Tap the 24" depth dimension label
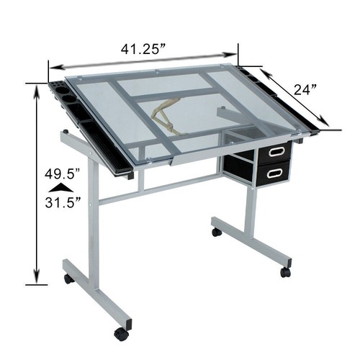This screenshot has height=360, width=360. click(x=305, y=90)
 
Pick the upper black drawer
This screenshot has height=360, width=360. click(x=274, y=152)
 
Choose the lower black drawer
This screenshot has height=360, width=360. click(x=274, y=172)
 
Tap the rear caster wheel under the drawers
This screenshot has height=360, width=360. click(x=217, y=232)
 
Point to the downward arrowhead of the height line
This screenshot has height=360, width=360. click(x=37, y=280)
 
